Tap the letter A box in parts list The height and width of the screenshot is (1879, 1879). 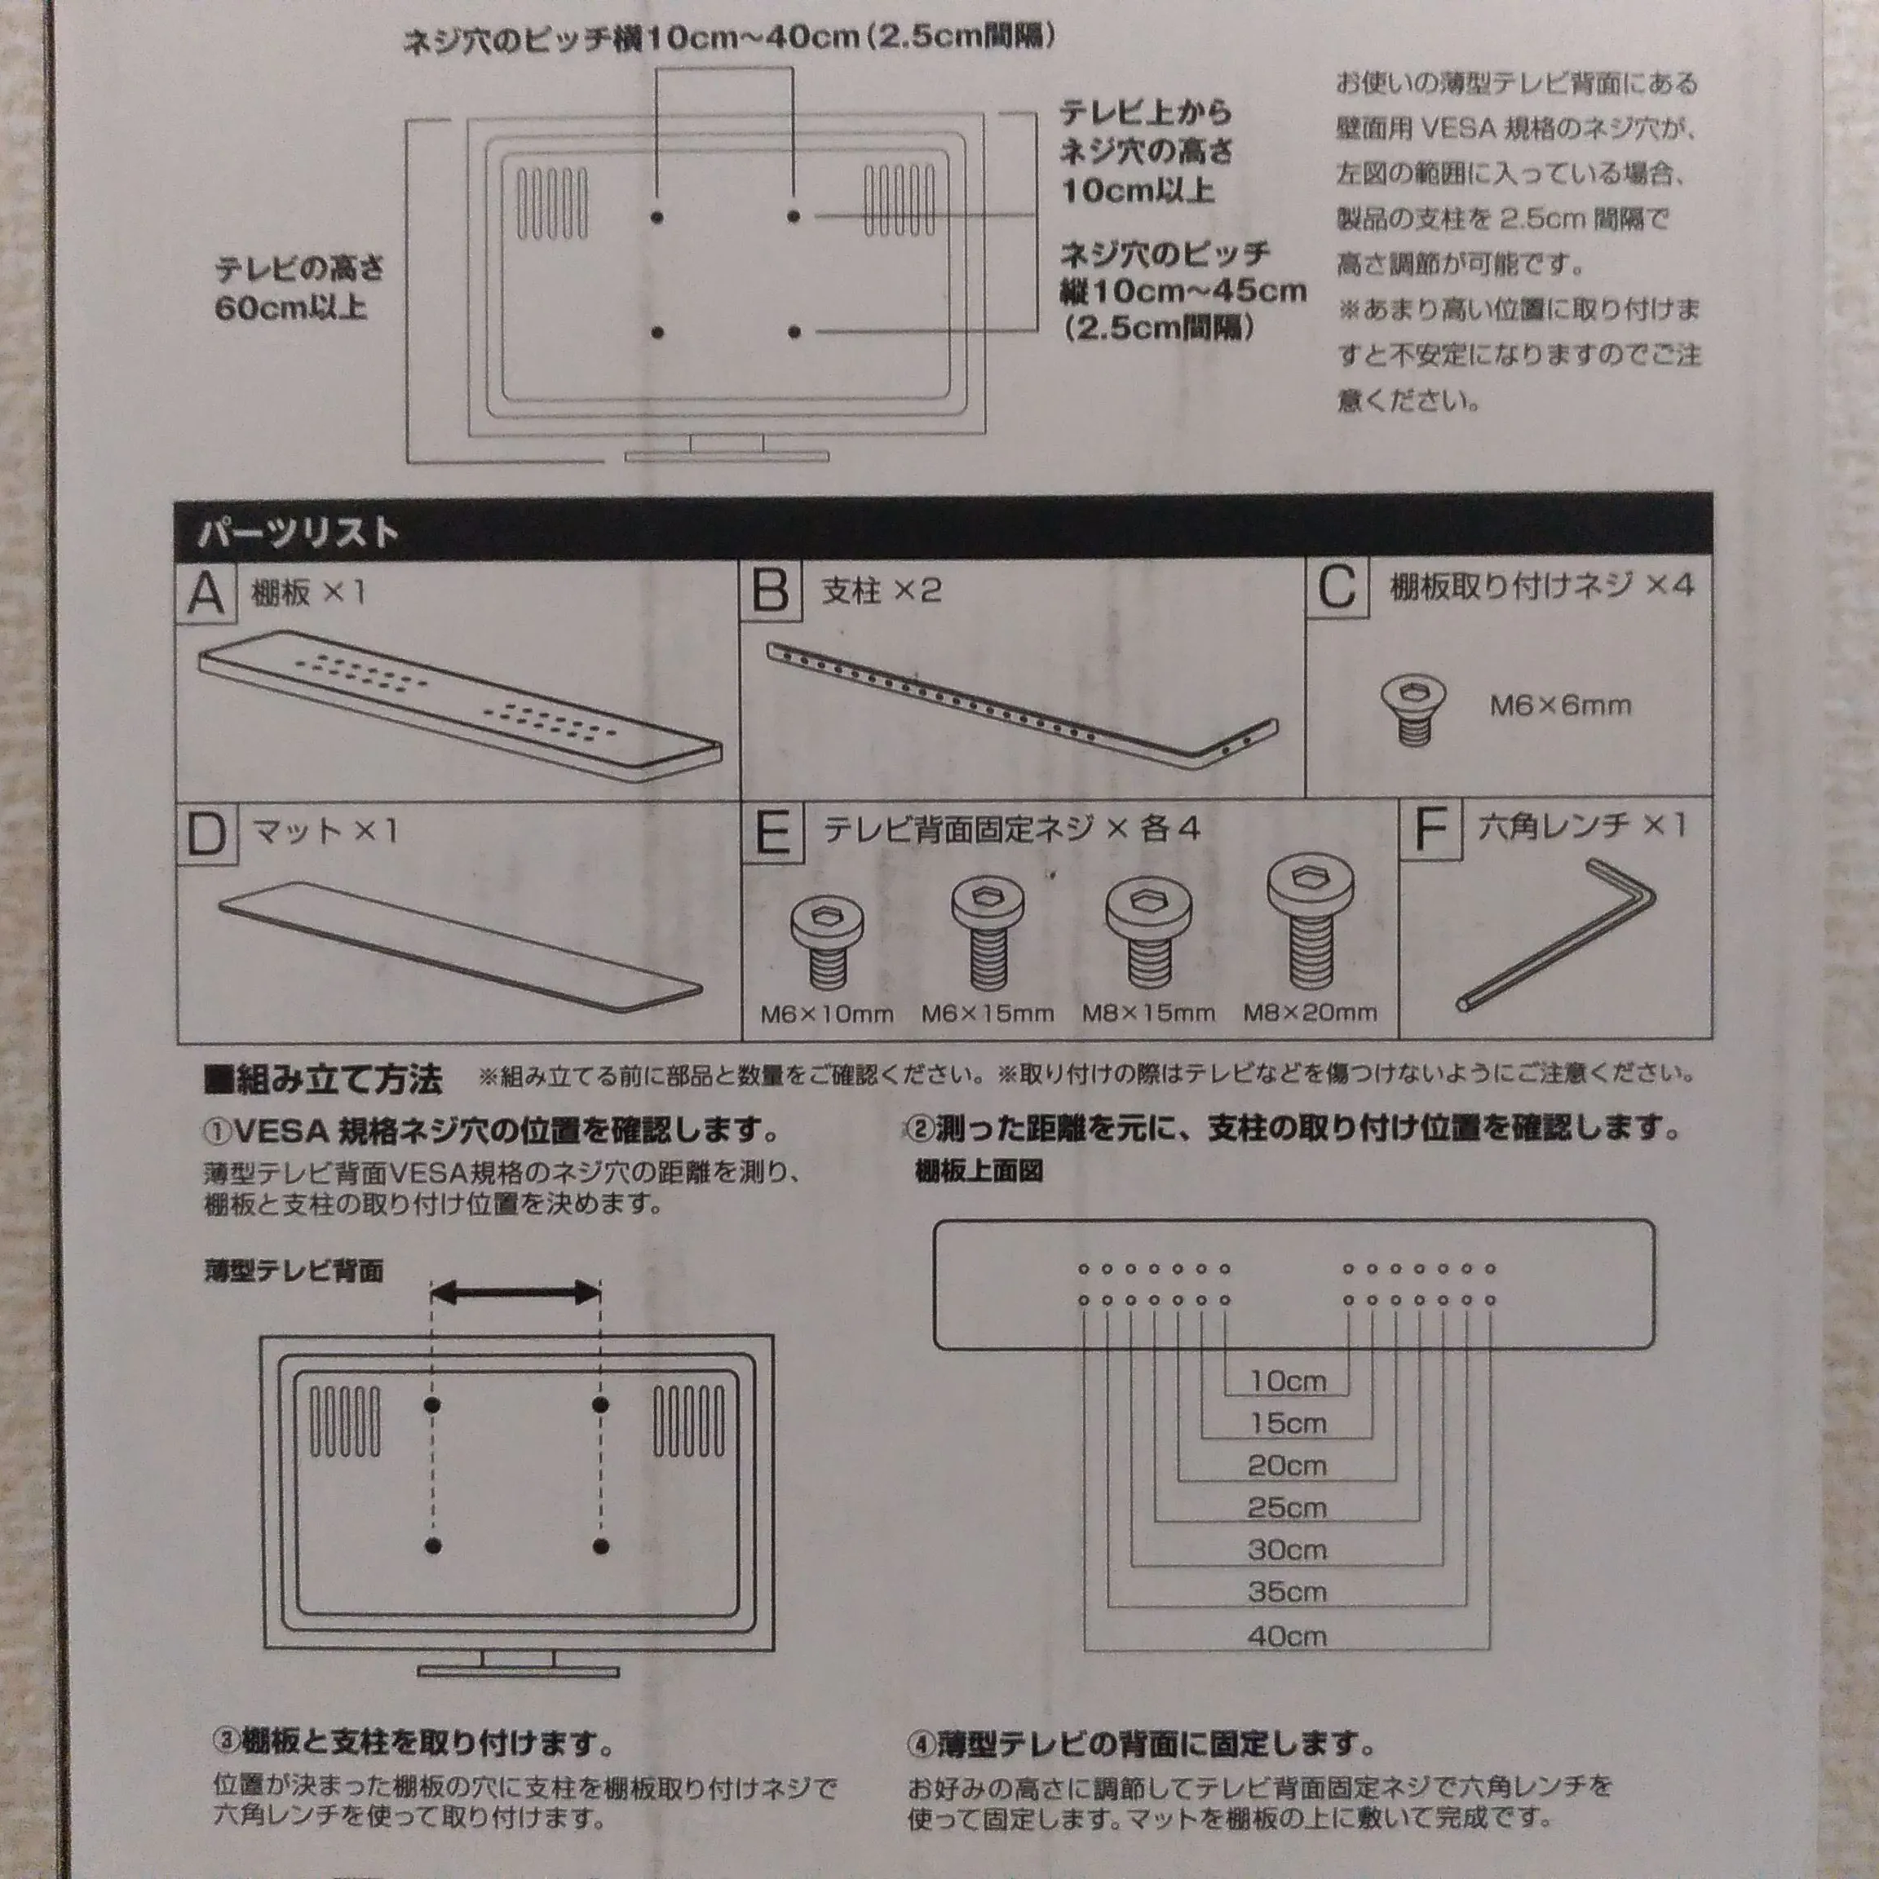point(206,592)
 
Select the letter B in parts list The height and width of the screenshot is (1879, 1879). point(771,590)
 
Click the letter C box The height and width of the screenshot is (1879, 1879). point(1337,586)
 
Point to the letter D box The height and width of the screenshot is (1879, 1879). point(207,833)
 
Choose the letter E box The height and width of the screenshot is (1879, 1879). point(773,833)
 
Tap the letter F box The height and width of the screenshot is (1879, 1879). point(1430,829)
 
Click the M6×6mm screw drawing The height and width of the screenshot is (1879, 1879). point(1413,710)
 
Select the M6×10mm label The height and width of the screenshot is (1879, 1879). point(827,1015)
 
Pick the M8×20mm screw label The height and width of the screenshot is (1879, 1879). point(1310,1012)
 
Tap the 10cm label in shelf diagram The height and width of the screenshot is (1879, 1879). point(1288,1380)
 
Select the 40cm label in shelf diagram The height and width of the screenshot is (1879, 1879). point(1287,1636)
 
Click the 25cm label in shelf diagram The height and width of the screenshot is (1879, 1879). point(1287,1507)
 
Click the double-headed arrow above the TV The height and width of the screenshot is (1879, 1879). point(516,1293)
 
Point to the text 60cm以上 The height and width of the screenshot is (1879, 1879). point(291,308)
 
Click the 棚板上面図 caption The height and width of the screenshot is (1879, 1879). point(979,1171)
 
